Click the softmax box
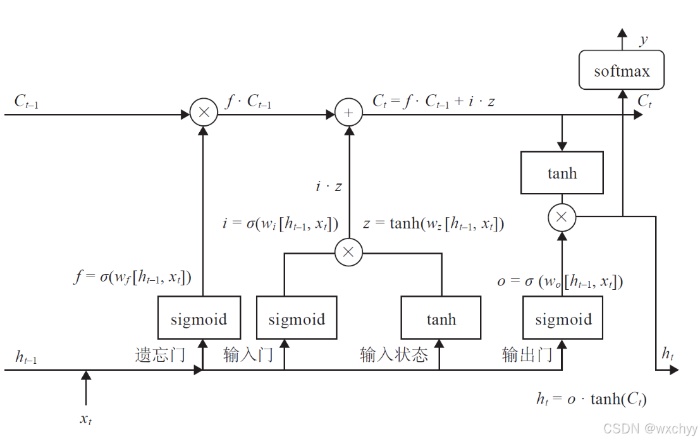622,70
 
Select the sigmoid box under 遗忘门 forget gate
199,318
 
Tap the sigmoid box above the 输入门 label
297,318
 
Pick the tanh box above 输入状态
441,318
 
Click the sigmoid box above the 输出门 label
563,318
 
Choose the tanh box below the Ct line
562,172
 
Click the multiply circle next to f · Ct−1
204,114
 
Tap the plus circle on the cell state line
348,114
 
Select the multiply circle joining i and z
348,252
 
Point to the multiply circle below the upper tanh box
562,218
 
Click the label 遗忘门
160,354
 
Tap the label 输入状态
394,354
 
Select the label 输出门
527,354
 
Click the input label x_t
87,418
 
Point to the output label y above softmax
643,40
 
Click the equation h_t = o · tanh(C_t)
591,399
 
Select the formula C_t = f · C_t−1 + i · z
433,101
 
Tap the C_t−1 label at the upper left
27,101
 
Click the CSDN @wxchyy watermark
650,428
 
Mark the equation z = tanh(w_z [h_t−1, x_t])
433,224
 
